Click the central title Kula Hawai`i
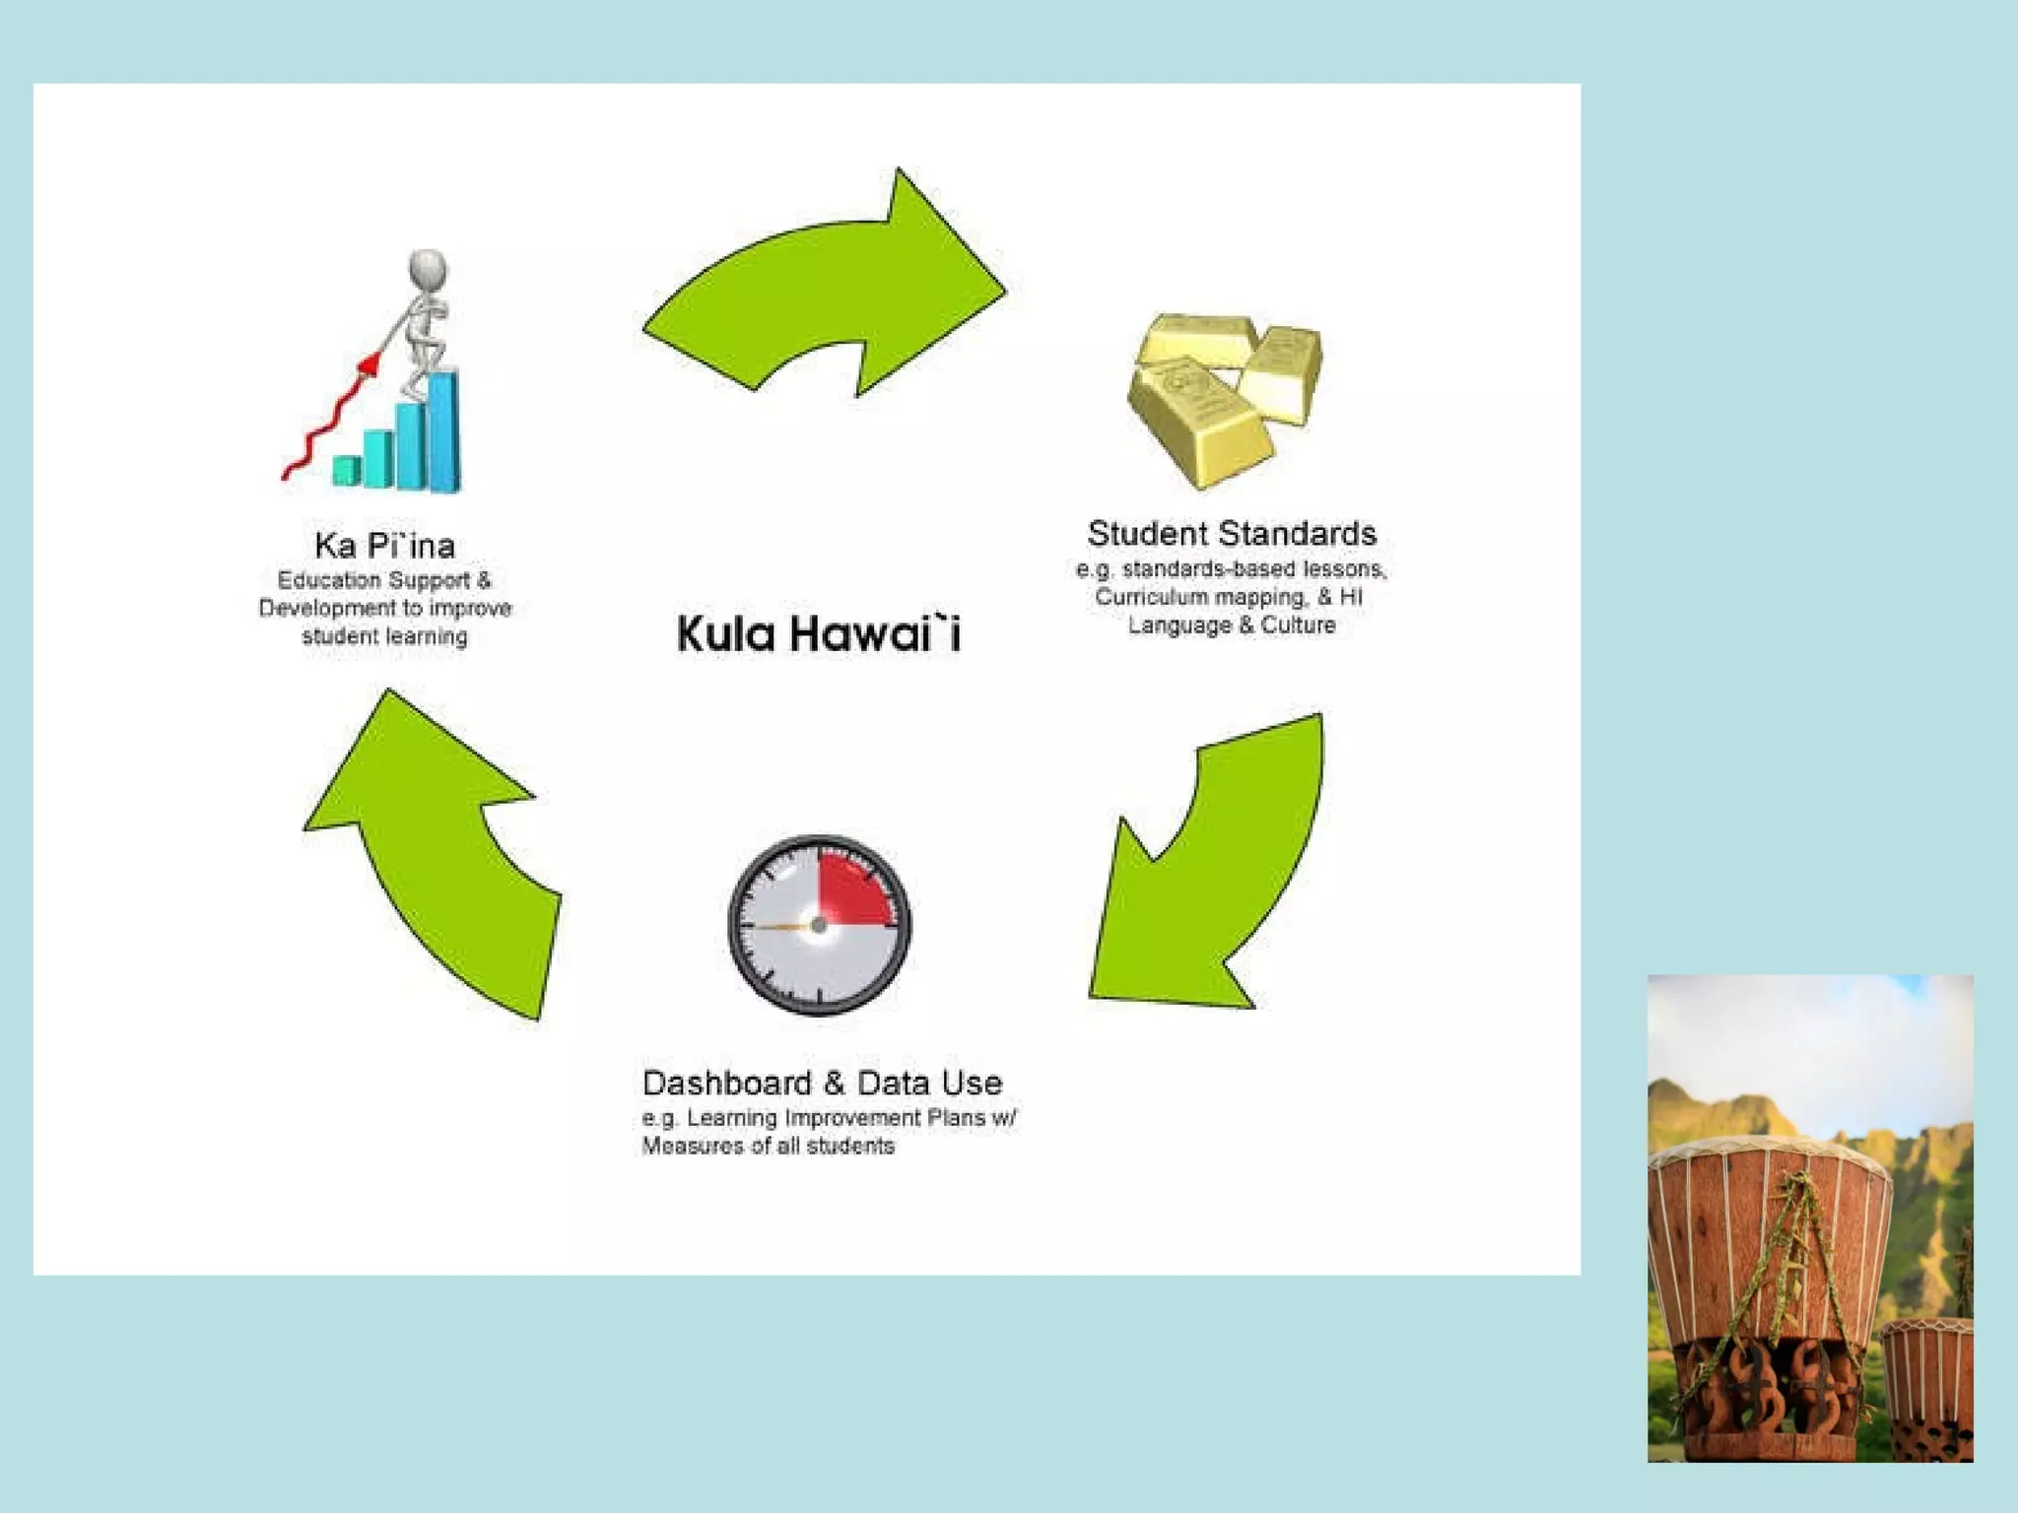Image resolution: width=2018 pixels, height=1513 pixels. point(819,632)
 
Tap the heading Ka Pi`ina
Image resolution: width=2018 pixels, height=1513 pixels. point(384,545)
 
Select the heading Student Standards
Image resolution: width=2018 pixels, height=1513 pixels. point(1232,533)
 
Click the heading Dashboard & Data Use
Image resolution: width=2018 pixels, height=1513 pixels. point(822,1083)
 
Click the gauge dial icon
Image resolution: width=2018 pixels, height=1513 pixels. point(819,925)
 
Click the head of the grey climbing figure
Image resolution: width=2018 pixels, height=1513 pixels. point(428,268)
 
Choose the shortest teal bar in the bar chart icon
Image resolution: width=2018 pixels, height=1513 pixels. point(346,470)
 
